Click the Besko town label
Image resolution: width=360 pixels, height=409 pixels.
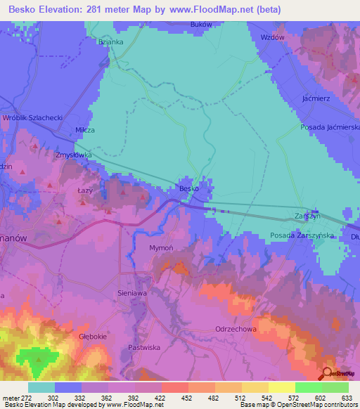pyautogui.click(x=187, y=188)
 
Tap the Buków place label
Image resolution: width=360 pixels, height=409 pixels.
pyautogui.click(x=202, y=24)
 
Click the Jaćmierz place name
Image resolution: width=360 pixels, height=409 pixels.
pyautogui.click(x=316, y=100)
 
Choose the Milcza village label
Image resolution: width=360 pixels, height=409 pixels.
pyautogui.click(x=85, y=131)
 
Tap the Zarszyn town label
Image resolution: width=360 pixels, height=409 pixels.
pyautogui.click(x=308, y=216)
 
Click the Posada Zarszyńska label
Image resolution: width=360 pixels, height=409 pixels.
pyautogui.click(x=302, y=236)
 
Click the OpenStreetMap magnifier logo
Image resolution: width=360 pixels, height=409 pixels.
pyautogui.click(x=328, y=374)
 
